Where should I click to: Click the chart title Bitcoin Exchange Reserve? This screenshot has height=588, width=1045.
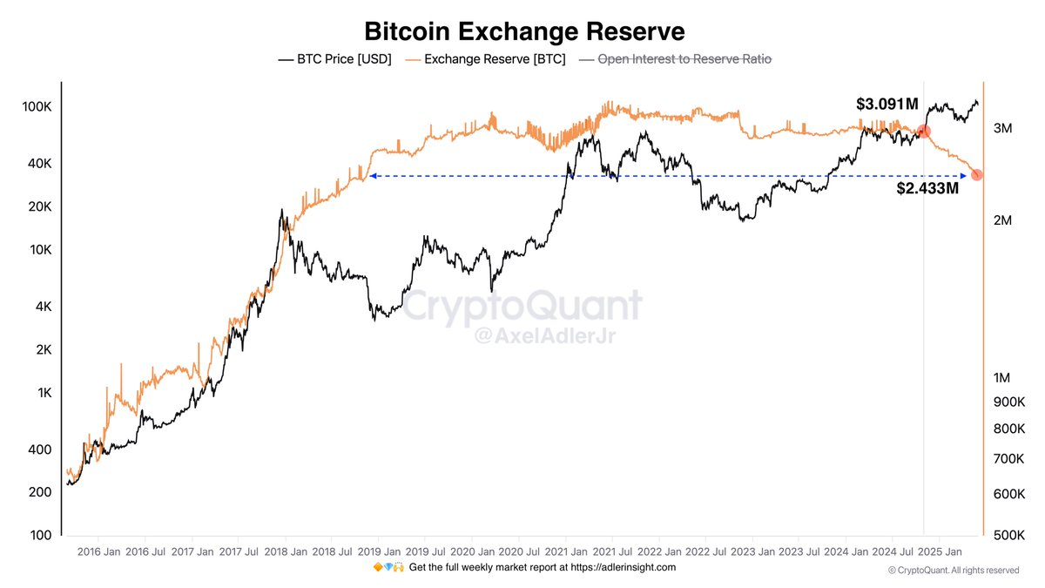click(x=524, y=31)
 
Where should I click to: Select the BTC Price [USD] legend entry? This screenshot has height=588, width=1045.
click(x=334, y=59)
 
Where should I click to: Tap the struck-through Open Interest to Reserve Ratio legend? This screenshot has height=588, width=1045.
click(x=675, y=59)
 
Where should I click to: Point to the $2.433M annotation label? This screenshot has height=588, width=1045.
click(x=927, y=187)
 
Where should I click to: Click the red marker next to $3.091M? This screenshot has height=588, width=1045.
click(x=924, y=132)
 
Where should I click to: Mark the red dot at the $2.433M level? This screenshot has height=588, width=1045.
click(x=976, y=175)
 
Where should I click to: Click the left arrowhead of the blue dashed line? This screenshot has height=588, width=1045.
click(x=372, y=176)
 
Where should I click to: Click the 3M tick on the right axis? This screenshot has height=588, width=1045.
click(x=1002, y=129)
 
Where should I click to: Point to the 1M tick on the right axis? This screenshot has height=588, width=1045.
click(x=1002, y=378)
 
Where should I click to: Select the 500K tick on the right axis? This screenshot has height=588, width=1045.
click(x=1008, y=535)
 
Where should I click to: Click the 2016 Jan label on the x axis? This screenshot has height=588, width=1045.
click(x=98, y=551)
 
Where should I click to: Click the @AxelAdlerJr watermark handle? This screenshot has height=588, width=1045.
click(x=522, y=336)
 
